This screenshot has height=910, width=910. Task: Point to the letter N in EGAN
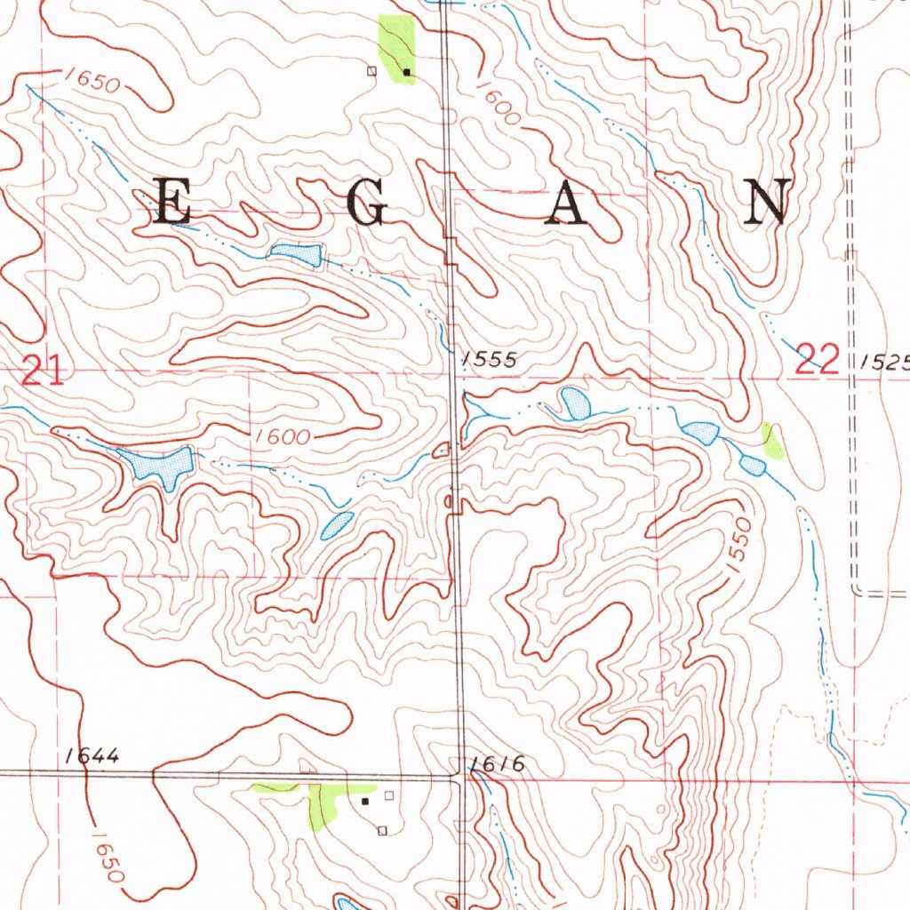click(x=768, y=202)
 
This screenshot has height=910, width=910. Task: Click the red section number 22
click(x=818, y=360)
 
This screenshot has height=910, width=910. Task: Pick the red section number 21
click(x=43, y=370)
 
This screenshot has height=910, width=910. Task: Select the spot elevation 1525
click(x=885, y=362)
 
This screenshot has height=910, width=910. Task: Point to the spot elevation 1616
click(x=499, y=764)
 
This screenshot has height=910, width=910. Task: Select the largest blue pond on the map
click(x=159, y=463)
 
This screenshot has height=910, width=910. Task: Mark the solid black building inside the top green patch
click(x=407, y=70)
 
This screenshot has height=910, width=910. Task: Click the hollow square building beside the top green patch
click(x=372, y=69)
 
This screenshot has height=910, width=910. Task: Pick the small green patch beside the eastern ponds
click(x=772, y=439)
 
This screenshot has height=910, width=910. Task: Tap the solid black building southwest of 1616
click(x=365, y=801)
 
